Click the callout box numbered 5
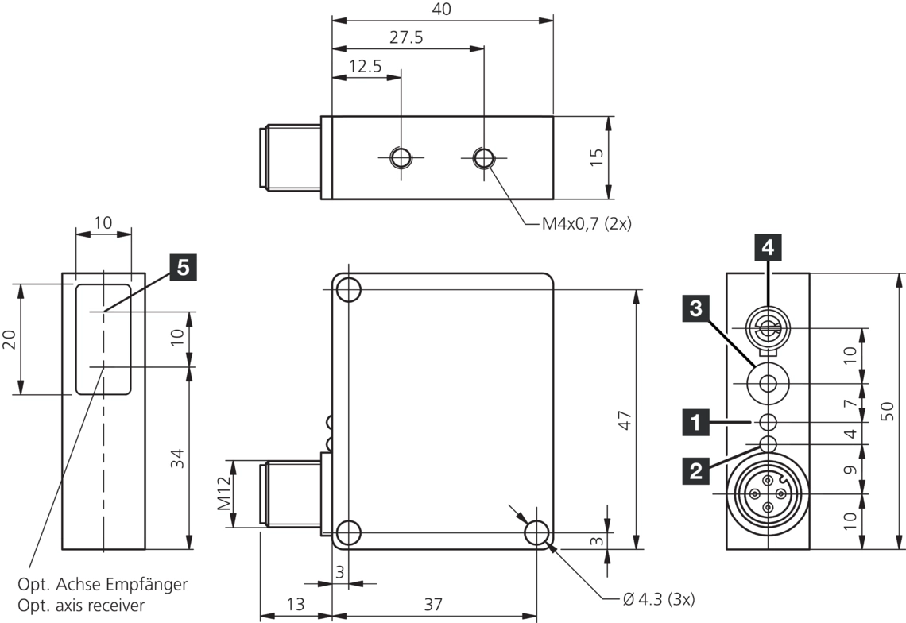tap(183, 269)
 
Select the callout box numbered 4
tap(767, 248)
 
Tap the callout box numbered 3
tap(696, 309)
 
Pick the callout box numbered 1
tap(696, 422)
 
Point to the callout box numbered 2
tap(696, 472)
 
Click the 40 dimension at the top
tap(442, 10)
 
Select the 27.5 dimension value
tap(407, 38)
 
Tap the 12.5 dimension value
tap(365, 67)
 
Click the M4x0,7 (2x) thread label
tap(587, 224)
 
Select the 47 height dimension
tap(625, 420)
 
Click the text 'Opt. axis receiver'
tap(86, 606)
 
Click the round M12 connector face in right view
tap(768, 493)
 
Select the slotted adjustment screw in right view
tap(768, 327)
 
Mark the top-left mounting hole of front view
tap(348, 290)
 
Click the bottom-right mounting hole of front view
tap(537, 532)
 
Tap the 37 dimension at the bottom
tap(432, 604)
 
